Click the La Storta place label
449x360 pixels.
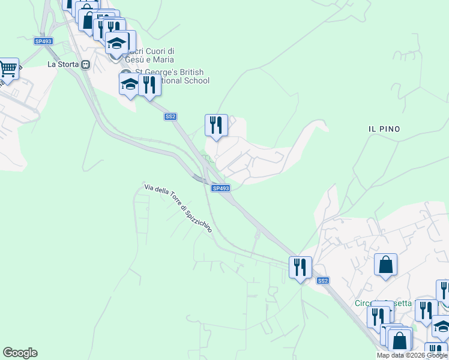click(64, 64)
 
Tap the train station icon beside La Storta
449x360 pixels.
click(86, 64)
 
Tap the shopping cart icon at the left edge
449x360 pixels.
click(8, 69)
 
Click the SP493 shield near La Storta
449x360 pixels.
click(43, 41)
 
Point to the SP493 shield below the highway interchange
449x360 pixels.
click(220, 188)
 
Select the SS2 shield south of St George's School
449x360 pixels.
click(170, 117)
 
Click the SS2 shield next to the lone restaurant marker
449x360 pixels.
click(323, 281)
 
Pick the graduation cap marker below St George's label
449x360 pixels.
click(129, 85)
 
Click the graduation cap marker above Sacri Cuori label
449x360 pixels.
click(117, 43)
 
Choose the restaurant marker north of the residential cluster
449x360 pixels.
click(216, 125)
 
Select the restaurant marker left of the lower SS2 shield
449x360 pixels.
click(300, 266)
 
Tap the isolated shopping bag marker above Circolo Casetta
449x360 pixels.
click(385, 265)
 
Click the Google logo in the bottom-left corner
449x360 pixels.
click(20, 353)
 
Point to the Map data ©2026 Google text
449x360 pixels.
click(412, 355)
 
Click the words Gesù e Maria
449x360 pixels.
click(149, 59)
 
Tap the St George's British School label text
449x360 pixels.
click(174, 76)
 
